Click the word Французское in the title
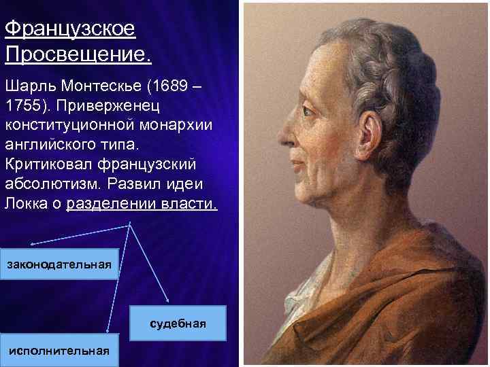(x=69, y=30)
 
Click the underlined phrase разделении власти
(x=142, y=203)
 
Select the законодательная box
(x=59, y=264)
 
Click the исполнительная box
(x=59, y=350)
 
